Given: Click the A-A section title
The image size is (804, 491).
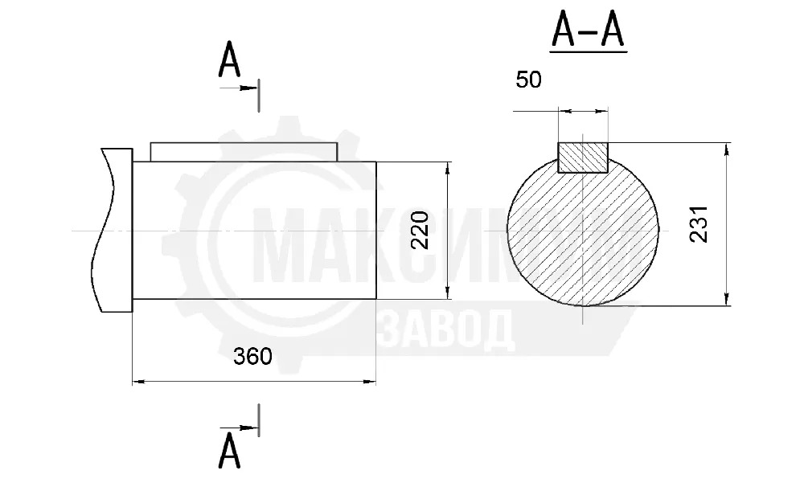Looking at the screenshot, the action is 589,30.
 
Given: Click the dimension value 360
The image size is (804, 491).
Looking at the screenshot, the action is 252,356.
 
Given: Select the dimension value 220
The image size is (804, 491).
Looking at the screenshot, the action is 420,230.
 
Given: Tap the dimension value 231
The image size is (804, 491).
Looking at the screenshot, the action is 699,224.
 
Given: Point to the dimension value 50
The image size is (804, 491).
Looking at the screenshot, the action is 529,80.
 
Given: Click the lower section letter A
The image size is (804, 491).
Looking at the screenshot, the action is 229,451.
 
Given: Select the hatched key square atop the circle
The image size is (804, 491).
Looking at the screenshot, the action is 583,158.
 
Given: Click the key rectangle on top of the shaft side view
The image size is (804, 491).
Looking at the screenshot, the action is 244,152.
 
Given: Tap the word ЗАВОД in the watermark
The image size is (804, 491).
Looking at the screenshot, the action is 446,329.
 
